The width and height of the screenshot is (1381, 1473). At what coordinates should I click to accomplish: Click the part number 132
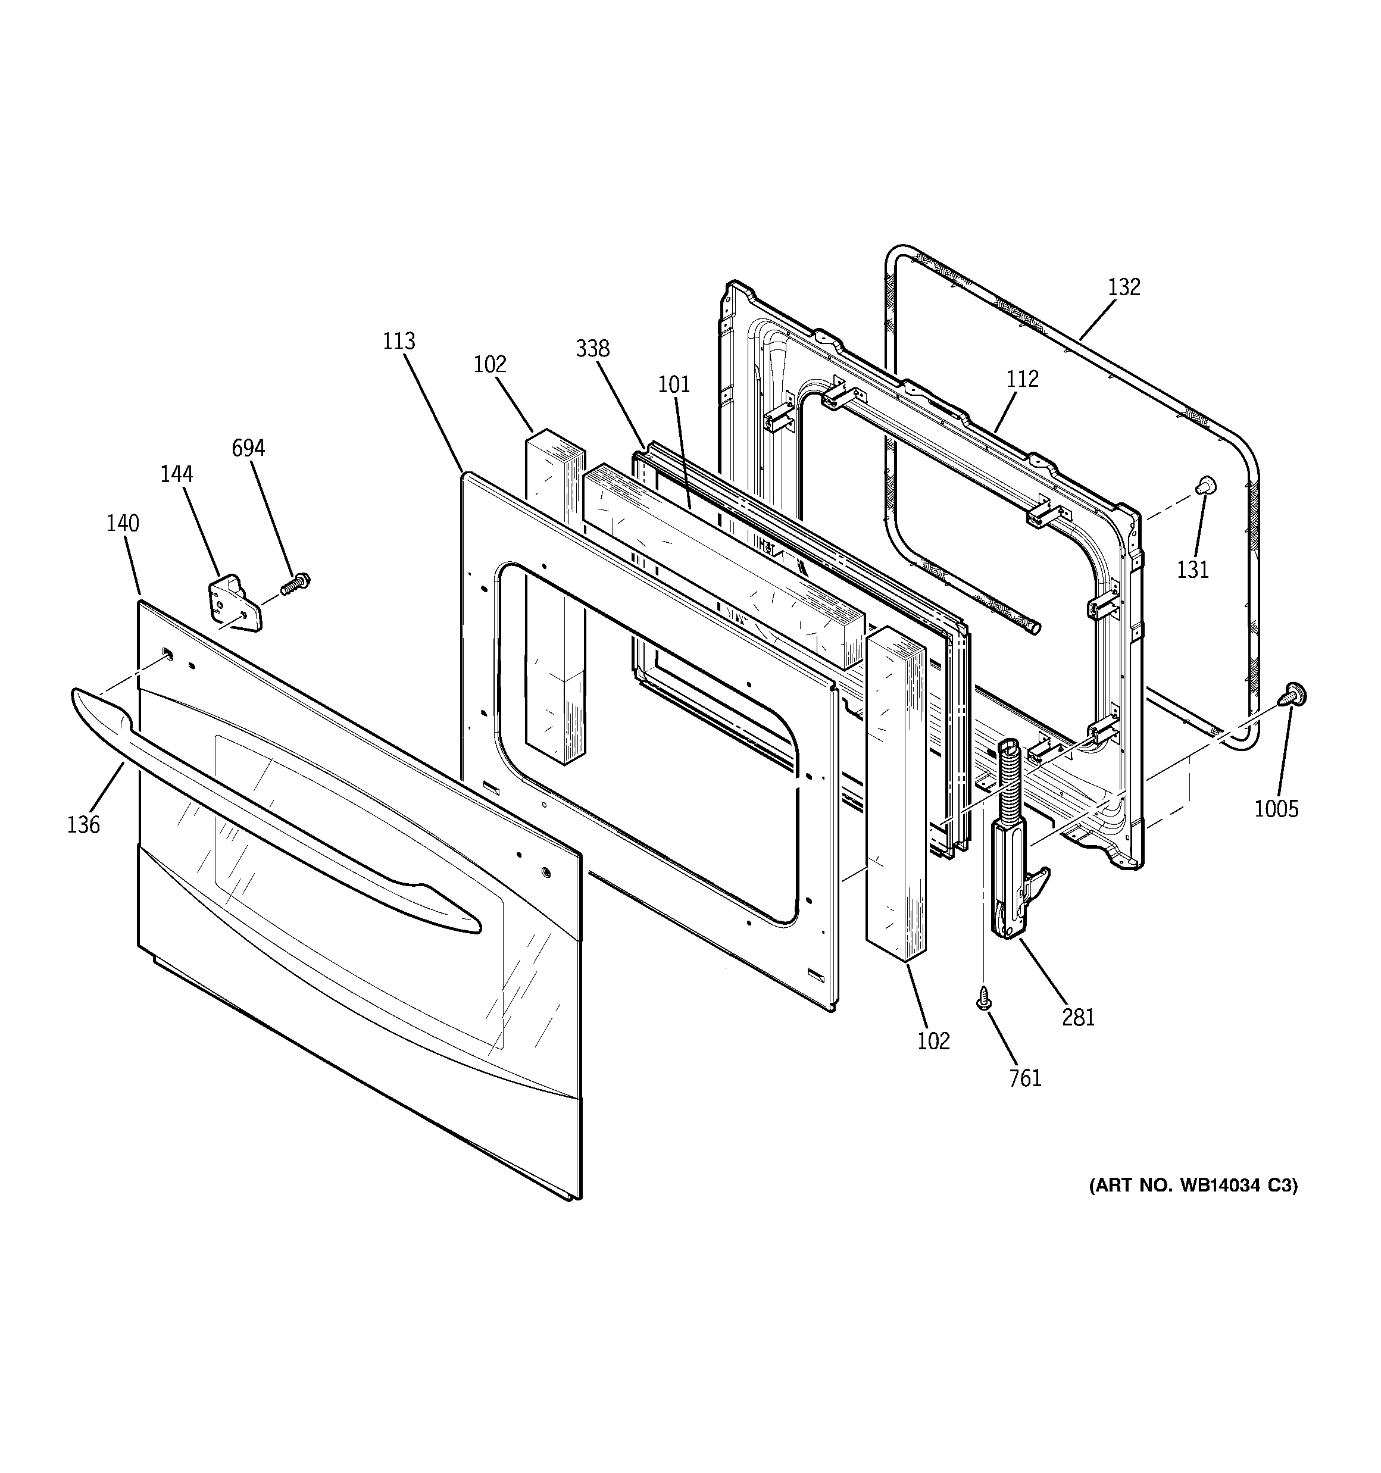coord(1124,287)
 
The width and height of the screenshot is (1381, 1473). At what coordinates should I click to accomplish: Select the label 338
coord(592,348)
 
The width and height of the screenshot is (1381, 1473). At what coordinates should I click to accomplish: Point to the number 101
coord(674,384)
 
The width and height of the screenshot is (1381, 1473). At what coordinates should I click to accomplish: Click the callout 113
coord(399,342)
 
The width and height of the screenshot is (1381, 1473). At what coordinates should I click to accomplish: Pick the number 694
coord(248,448)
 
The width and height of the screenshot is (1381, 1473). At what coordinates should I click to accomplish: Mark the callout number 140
coord(122,523)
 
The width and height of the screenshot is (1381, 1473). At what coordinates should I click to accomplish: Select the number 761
coord(1025,1078)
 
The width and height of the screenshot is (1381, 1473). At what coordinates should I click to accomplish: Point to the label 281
coord(1078,1017)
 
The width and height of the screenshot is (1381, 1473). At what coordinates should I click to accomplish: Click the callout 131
coord(1193,570)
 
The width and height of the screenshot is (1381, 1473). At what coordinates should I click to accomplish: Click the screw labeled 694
coord(296,583)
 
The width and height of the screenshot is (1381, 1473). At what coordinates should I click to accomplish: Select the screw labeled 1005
coord(1294,695)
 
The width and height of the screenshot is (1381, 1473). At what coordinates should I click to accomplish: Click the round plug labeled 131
coord(1206,484)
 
